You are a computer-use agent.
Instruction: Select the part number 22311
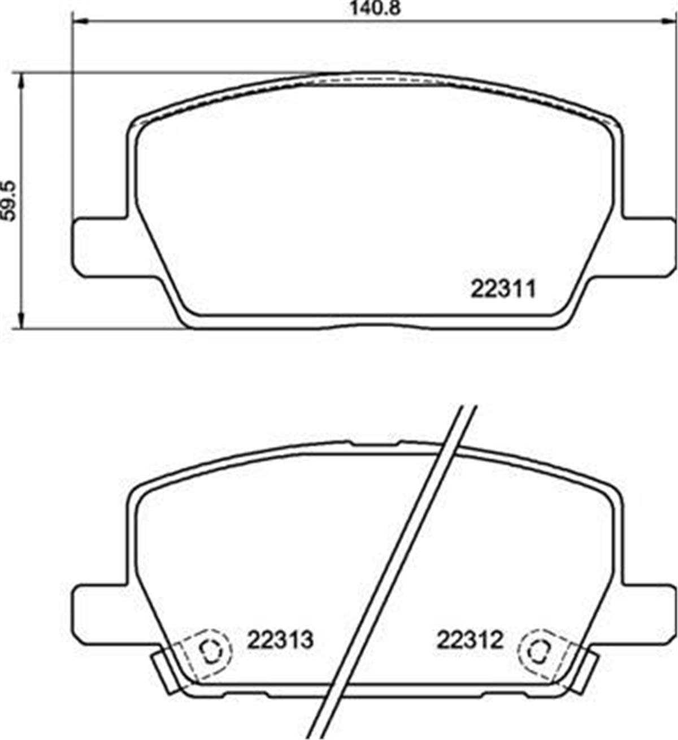(502, 290)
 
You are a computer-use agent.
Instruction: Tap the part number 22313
(280, 640)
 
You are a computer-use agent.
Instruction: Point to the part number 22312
(470, 640)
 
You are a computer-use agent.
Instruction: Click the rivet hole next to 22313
(211, 652)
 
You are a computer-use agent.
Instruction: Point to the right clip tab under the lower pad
(585, 673)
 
